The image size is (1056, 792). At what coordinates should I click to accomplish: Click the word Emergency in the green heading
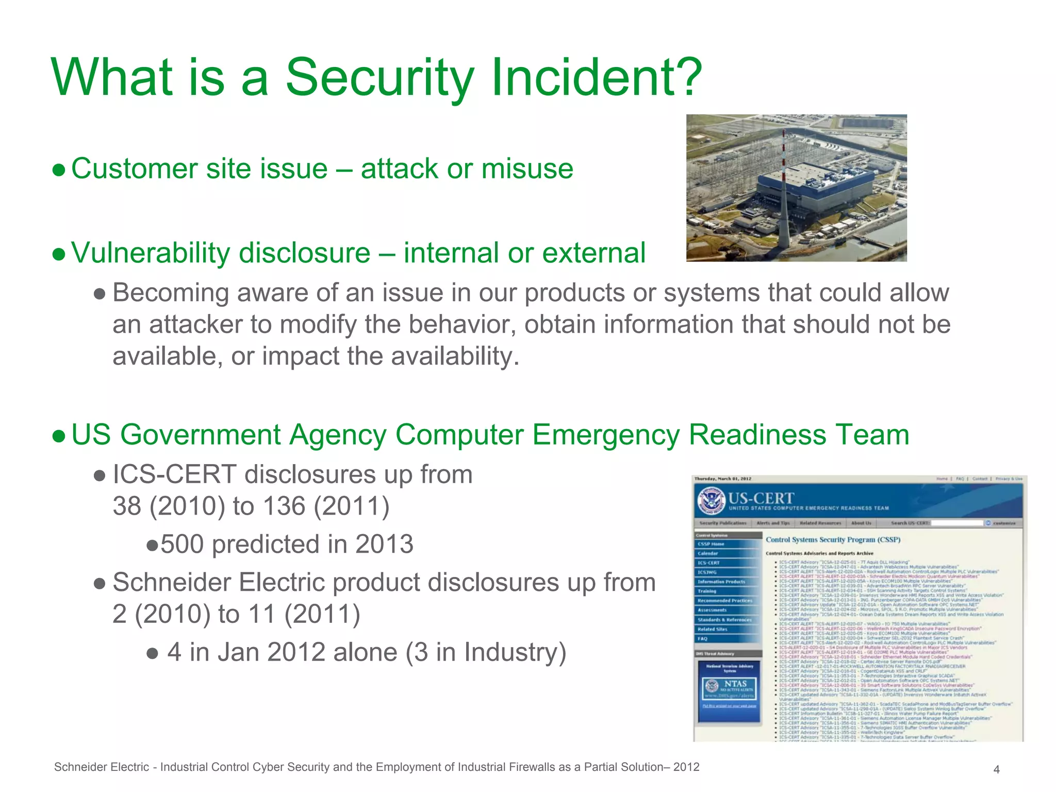606,435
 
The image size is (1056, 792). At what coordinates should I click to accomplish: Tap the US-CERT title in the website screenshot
761,498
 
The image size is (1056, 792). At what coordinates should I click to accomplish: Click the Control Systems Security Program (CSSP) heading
833,539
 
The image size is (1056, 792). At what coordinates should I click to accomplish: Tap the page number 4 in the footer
996,770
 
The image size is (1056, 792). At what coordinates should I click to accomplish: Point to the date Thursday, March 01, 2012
722,478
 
